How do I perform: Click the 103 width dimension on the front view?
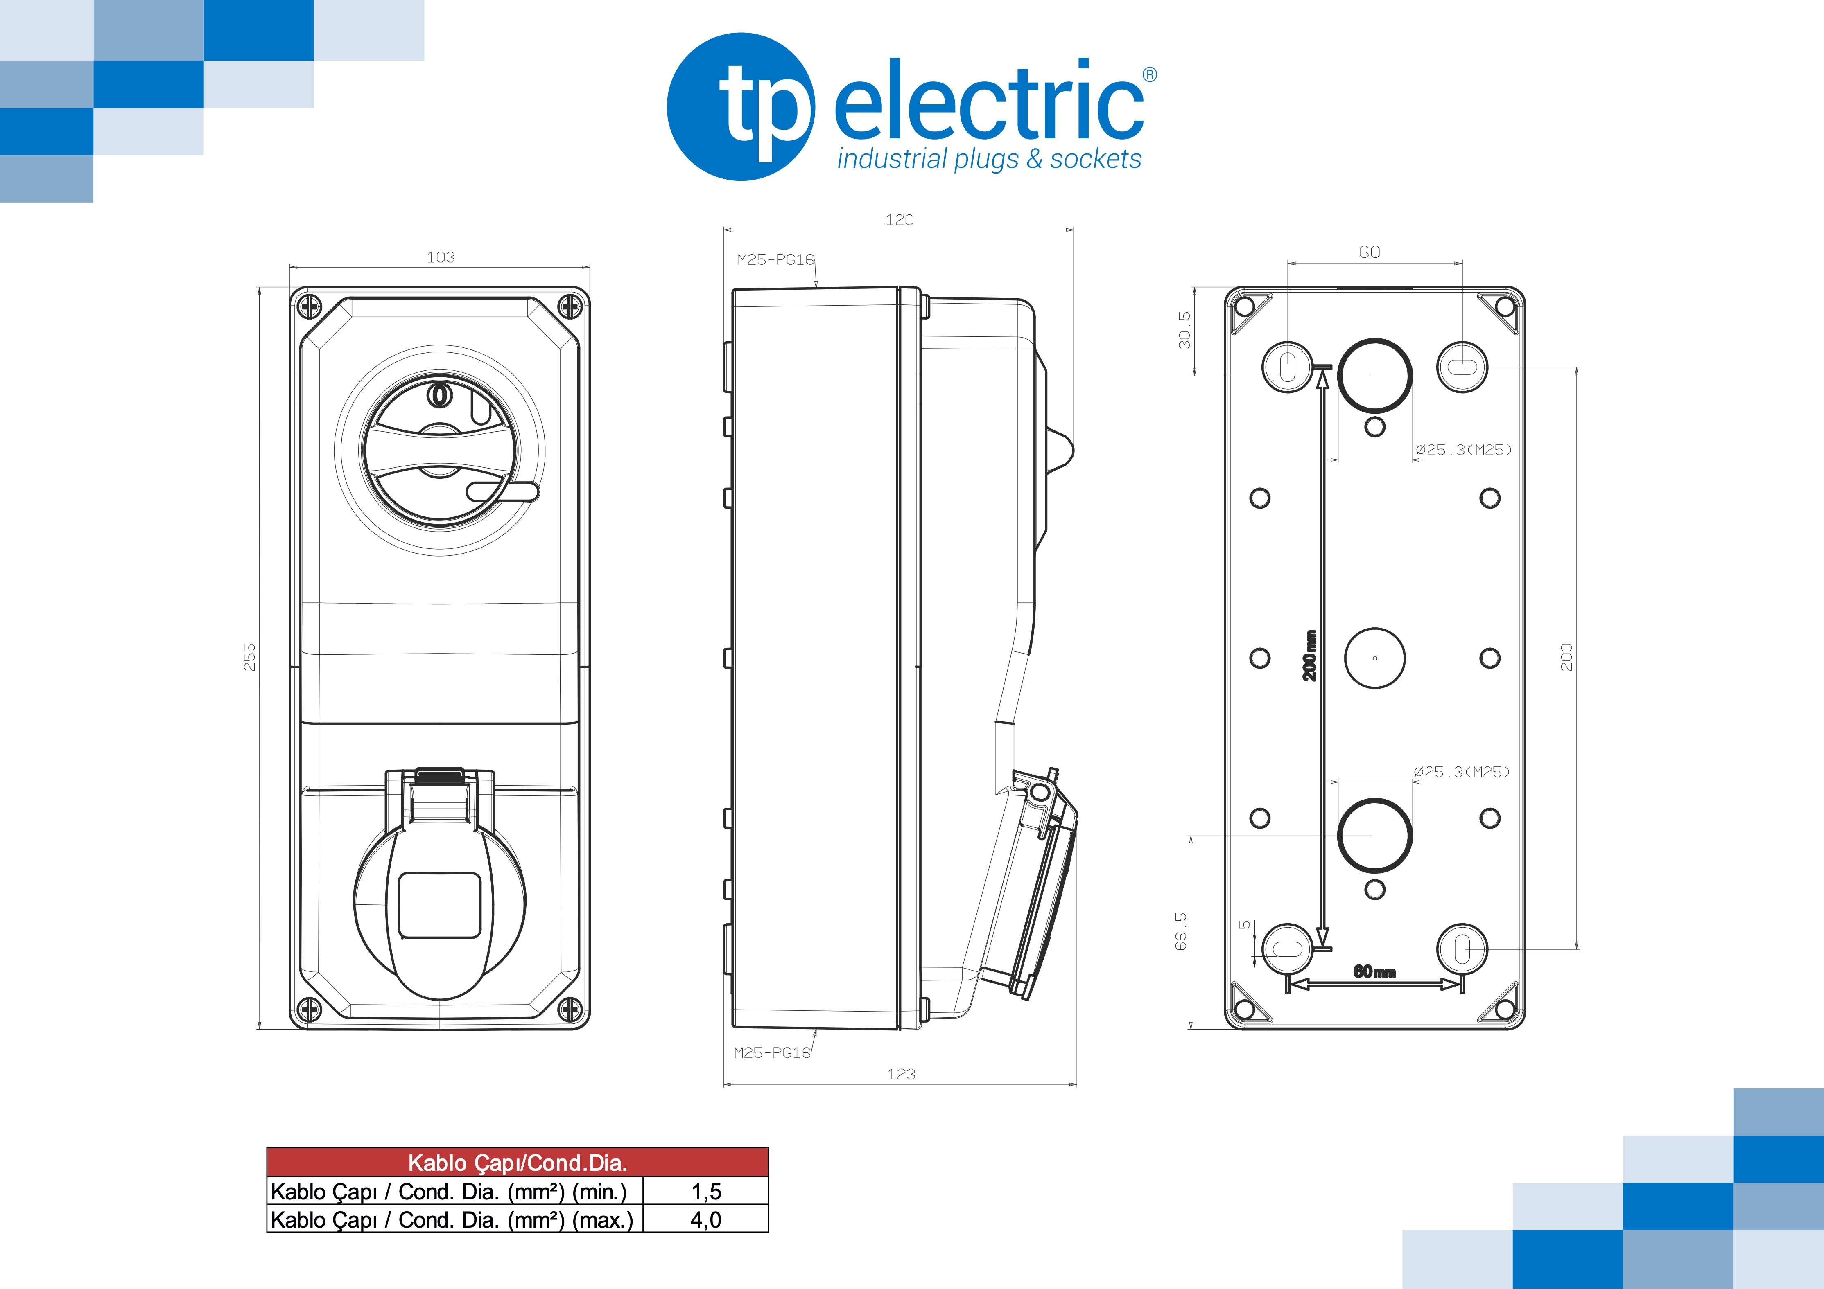click(441, 257)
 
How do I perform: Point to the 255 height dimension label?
click(249, 657)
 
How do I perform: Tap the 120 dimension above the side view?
click(899, 220)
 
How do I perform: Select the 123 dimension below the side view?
click(901, 1075)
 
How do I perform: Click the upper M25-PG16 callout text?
click(775, 260)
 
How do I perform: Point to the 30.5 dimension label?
click(1184, 329)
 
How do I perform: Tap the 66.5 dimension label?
click(1181, 931)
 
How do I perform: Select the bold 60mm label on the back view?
click(1374, 971)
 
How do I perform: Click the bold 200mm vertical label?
click(1309, 655)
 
